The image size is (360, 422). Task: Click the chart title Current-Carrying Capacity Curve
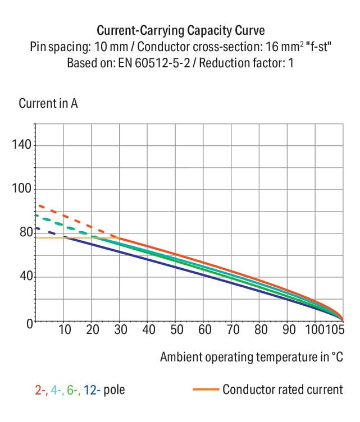(180, 30)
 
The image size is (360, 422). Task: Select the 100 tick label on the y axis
(22, 189)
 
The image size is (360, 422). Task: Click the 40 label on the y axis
(26, 277)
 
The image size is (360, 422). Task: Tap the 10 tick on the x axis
(65, 329)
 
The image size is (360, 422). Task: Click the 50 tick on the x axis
(176, 329)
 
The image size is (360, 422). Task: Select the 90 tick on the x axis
(289, 329)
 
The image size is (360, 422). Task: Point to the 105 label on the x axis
(336, 329)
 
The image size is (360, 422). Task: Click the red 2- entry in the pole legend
(41, 389)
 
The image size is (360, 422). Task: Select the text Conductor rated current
(282, 389)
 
